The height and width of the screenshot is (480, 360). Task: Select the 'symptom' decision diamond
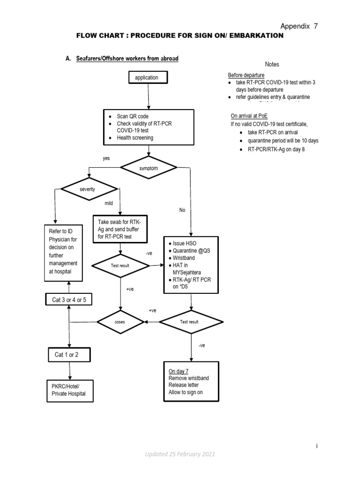(x=149, y=167)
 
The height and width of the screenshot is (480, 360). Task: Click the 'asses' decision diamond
(x=120, y=322)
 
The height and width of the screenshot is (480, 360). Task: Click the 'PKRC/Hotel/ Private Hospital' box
(x=69, y=390)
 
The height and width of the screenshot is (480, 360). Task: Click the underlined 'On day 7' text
(x=179, y=371)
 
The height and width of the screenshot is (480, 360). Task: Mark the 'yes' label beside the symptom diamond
(x=106, y=158)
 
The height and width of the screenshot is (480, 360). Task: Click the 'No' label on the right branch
(x=182, y=210)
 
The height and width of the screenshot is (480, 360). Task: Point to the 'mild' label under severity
(x=109, y=203)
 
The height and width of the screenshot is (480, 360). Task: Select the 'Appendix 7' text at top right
(x=299, y=26)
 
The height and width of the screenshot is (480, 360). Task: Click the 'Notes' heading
(x=272, y=64)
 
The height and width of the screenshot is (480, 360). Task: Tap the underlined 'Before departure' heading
(x=246, y=75)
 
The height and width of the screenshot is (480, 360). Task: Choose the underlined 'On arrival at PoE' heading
(x=249, y=116)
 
